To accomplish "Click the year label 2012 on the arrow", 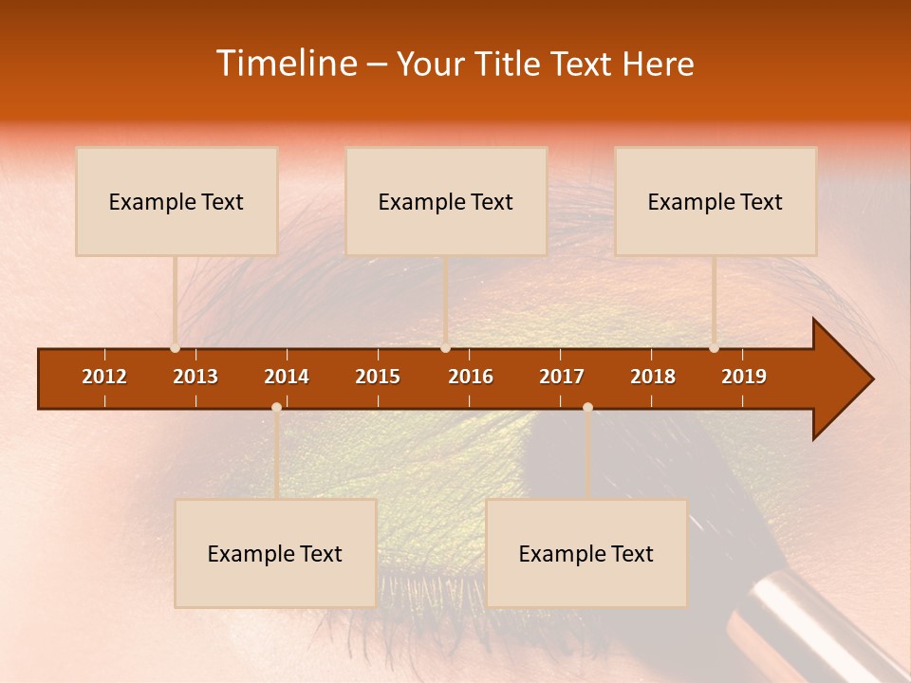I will [104, 377].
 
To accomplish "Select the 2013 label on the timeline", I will [195, 377].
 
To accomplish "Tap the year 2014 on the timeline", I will [287, 377].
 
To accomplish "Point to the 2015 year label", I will [378, 377].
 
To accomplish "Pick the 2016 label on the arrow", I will [471, 377].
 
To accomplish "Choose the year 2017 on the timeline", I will [562, 377].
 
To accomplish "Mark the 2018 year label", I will [653, 377].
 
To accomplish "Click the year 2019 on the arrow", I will [744, 377].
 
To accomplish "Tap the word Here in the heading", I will [658, 64].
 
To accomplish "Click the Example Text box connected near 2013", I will [177, 201].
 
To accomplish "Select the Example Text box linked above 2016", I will [446, 201].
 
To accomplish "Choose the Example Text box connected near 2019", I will [716, 201].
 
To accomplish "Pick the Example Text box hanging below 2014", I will [275, 553].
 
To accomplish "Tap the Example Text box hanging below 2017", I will [586, 553].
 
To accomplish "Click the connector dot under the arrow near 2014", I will [276, 407].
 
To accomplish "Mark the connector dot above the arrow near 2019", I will [714, 347].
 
